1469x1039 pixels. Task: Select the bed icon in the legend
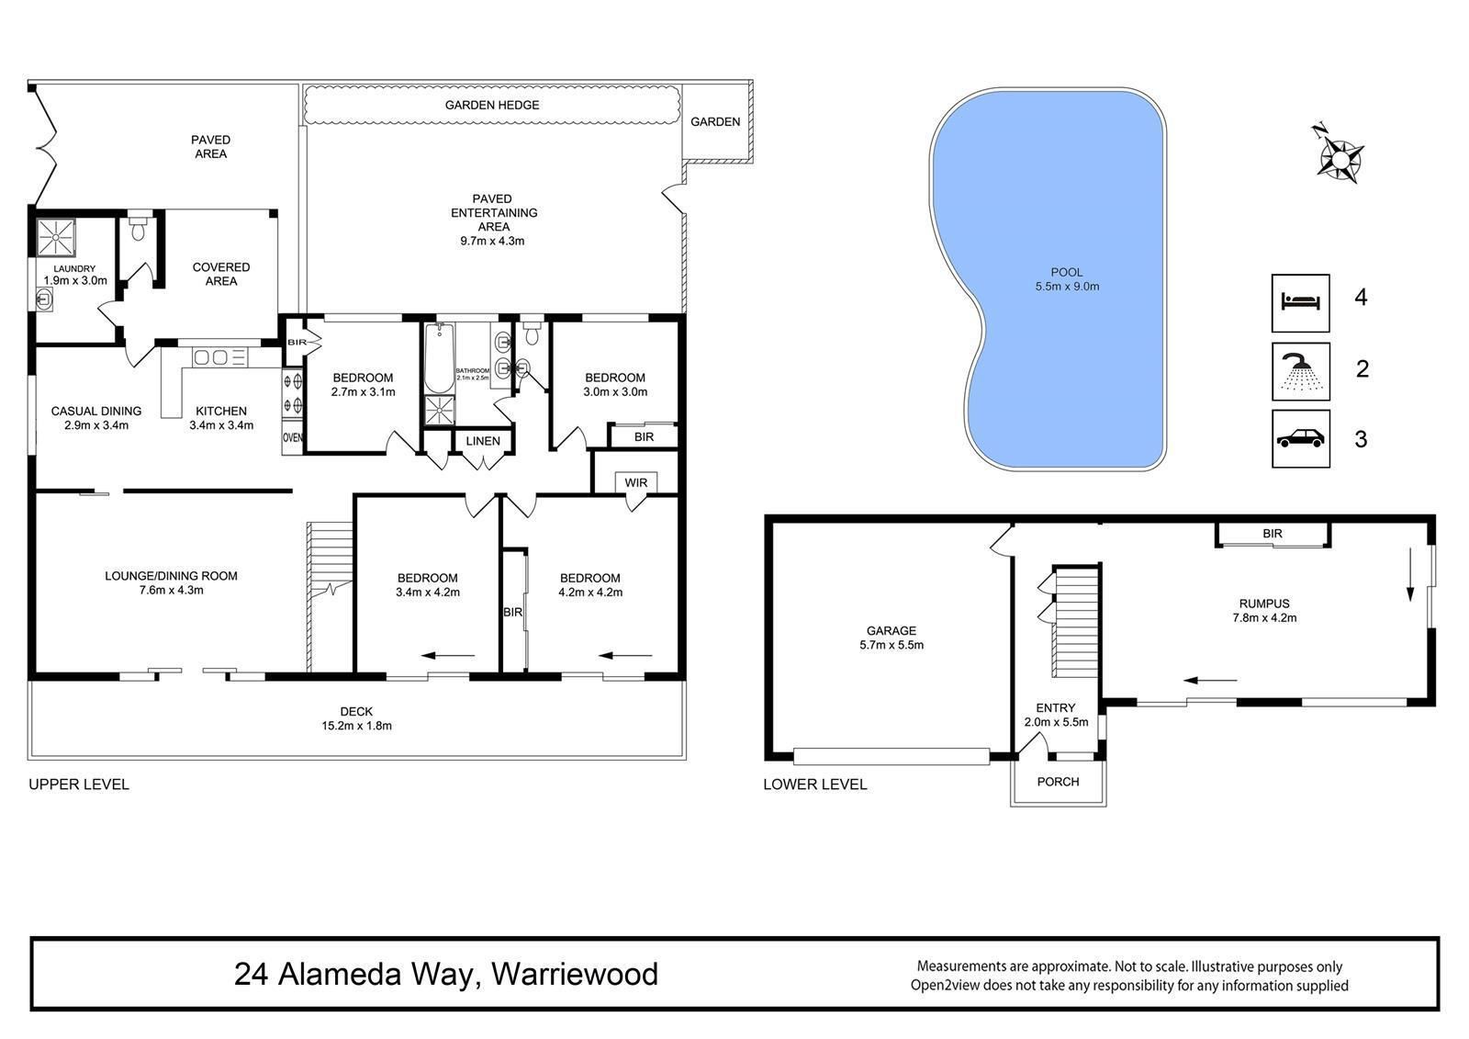(x=1300, y=302)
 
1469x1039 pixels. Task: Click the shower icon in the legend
(x=1300, y=371)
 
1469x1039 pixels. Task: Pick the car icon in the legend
(x=1300, y=438)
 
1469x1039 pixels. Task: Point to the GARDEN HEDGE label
(x=492, y=105)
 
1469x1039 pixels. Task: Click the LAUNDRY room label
(x=74, y=268)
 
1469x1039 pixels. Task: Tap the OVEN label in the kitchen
(x=293, y=438)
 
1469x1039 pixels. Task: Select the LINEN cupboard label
(x=483, y=441)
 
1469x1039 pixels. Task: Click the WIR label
(x=635, y=482)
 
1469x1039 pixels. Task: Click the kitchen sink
(x=219, y=357)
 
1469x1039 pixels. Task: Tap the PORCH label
(x=1058, y=782)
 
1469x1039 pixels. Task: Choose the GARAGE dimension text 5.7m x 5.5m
(x=891, y=645)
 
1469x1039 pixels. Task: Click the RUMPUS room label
(x=1263, y=604)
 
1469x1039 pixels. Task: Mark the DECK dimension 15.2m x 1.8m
(x=356, y=726)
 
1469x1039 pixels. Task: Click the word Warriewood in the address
(x=575, y=974)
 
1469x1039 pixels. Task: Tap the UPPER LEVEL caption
(x=79, y=785)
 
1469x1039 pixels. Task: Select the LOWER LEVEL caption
(x=815, y=785)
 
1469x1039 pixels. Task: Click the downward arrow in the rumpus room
(x=1410, y=575)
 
